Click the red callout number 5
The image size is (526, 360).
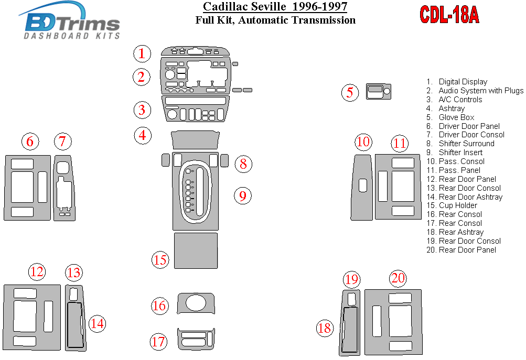tap(350, 93)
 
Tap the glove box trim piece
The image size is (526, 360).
tap(379, 91)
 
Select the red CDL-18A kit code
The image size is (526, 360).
tap(449, 15)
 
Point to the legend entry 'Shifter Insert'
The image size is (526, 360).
tap(454, 152)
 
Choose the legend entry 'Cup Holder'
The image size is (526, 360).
tap(452, 205)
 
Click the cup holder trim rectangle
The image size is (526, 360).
tap(196, 250)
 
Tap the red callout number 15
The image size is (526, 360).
tap(160, 259)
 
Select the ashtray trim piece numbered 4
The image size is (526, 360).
tap(195, 140)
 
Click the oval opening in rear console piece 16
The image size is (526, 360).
tap(196, 303)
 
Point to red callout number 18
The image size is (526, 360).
tap(325, 328)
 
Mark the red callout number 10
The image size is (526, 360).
tap(363, 141)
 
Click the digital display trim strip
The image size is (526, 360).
tap(195, 51)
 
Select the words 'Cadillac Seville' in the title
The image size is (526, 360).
tap(244, 6)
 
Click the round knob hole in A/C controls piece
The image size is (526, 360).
tap(172, 115)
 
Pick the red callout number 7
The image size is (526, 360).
tap(63, 141)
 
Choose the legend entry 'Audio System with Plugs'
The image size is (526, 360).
tap(475, 91)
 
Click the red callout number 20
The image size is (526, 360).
tap(398, 278)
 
